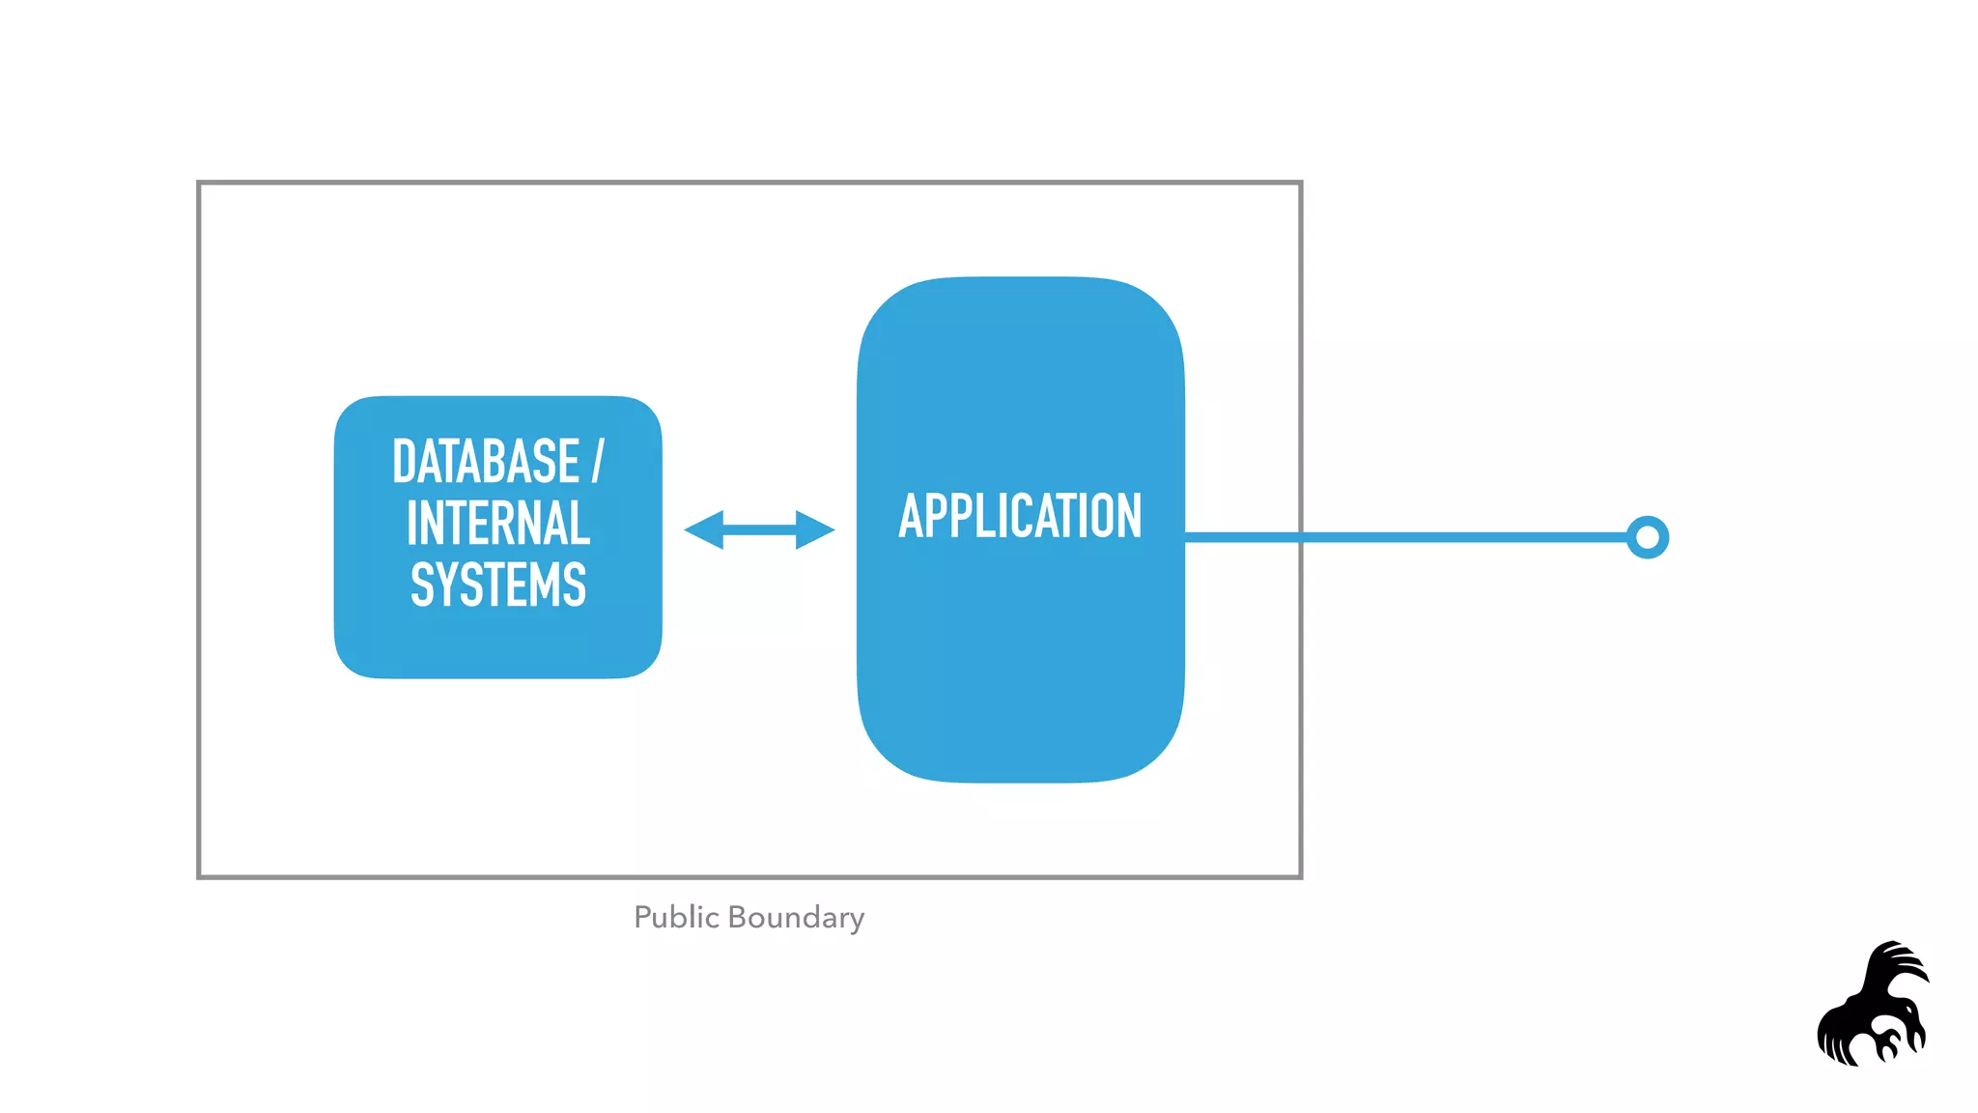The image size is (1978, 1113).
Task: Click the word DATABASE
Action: point(485,462)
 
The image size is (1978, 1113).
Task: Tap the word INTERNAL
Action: point(498,524)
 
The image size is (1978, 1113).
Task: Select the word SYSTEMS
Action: point(498,585)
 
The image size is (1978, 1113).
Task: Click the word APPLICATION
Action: point(1020,516)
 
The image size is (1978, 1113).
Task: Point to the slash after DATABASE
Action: point(598,461)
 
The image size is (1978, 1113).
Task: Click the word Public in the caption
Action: point(676,917)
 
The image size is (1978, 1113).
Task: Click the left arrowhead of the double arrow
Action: point(703,529)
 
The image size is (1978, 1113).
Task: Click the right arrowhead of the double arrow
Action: point(815,529)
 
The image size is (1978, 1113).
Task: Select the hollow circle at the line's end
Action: point(1647,537)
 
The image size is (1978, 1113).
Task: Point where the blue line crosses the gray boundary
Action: point(1301,537)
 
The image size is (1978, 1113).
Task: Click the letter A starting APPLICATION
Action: point(911,516)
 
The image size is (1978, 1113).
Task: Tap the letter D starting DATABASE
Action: point(405,462)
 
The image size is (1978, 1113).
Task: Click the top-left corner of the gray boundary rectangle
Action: point(200,184)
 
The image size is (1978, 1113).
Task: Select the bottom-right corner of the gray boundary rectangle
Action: point(1300,876)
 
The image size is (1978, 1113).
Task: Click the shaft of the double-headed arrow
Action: point(759,529)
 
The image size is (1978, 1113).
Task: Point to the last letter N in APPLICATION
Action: point(1129,516)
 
